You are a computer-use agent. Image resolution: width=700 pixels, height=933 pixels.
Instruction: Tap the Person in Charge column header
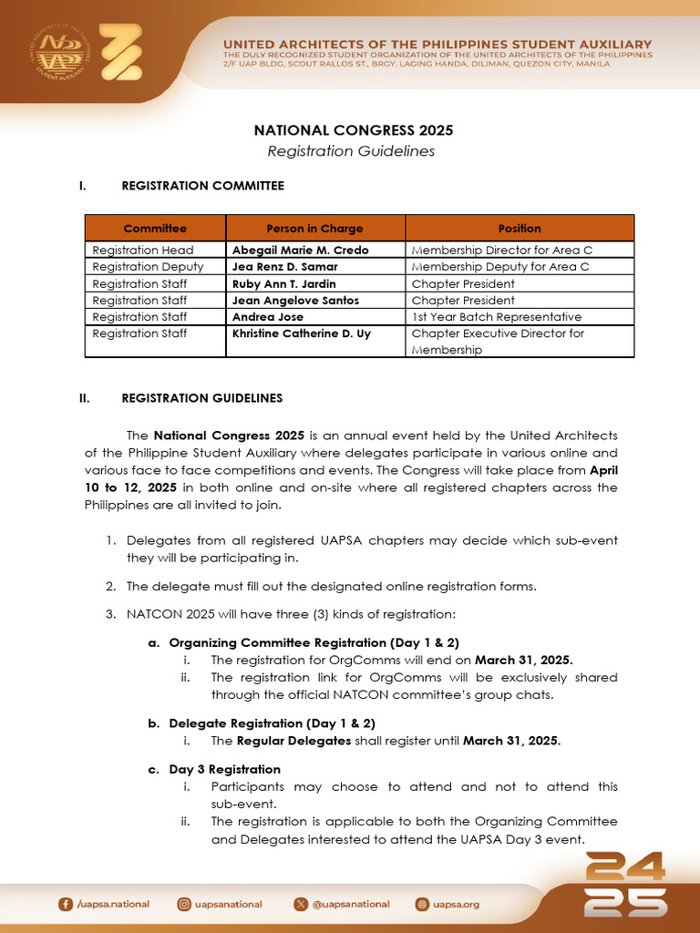click(314, 229)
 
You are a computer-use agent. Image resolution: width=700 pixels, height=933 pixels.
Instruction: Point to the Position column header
click(520, 229)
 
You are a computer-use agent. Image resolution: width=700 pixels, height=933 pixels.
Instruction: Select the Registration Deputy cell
click(148, 267)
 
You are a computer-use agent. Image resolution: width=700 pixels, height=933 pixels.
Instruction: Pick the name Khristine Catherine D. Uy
click(301, 333)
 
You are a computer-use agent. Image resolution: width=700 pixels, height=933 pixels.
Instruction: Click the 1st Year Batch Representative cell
click(496, 317)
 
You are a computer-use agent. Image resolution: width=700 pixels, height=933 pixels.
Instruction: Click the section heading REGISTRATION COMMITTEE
click(202, 186)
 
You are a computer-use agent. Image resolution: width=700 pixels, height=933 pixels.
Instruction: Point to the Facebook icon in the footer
click(65, 904)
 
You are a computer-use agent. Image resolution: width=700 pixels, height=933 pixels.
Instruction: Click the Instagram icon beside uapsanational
click(185, 904)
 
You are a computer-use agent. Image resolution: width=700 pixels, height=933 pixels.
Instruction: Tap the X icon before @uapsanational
click(301, 904)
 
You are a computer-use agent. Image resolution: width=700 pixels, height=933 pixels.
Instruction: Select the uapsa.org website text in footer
click(456, 905)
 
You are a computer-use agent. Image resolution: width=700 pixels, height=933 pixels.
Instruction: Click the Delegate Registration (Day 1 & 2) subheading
click(272, 723)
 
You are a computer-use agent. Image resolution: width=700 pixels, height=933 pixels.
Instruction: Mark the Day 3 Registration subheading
click(224, 770)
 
